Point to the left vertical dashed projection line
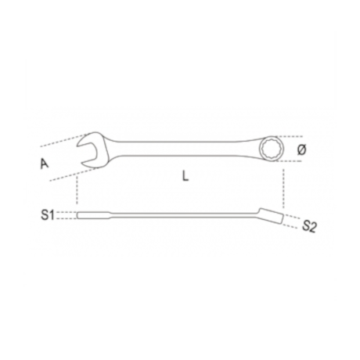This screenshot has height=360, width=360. [x=77, y=192]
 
